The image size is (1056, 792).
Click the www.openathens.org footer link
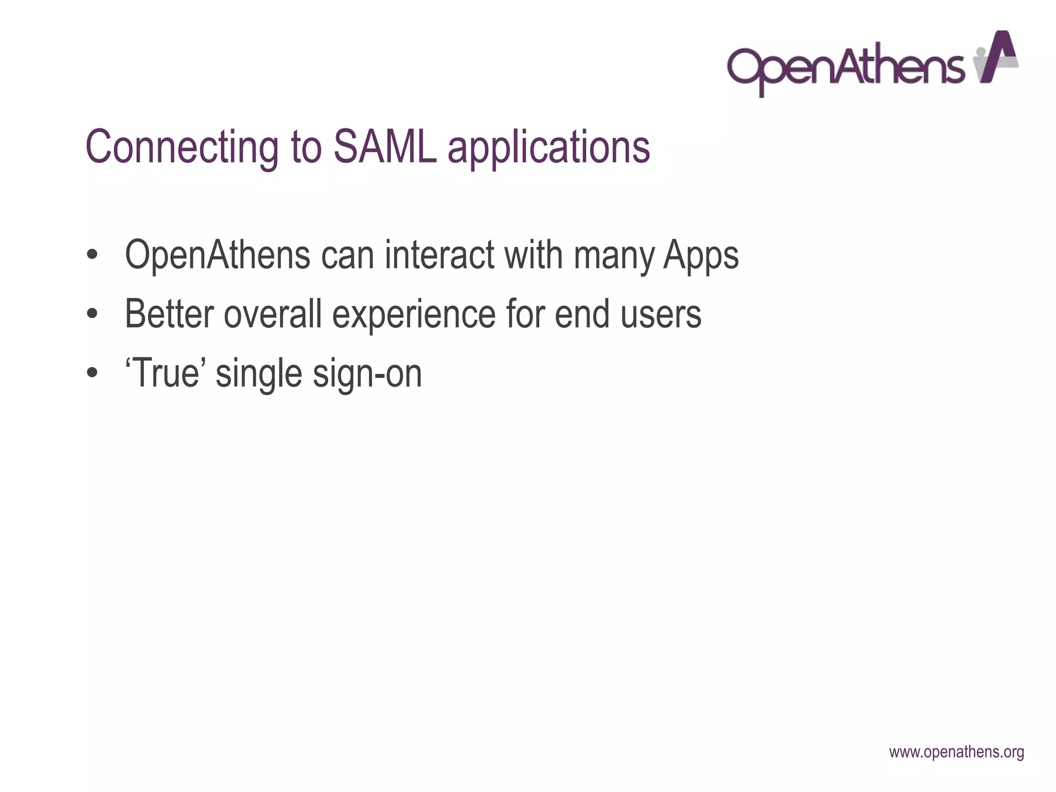956,752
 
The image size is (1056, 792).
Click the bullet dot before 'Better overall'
92,314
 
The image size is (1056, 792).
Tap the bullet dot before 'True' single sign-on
92,373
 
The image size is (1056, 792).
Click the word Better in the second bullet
169,314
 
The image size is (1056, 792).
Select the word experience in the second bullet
414,316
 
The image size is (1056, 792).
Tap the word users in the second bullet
661,314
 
